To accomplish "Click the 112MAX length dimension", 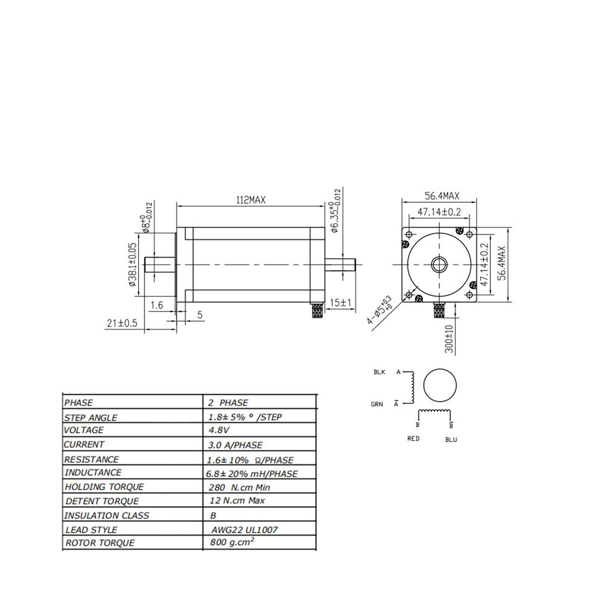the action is click(251, 200).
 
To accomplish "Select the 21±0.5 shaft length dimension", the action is click(122, 323).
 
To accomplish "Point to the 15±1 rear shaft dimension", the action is click(341, 302).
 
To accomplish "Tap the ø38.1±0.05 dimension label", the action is click(133, 264).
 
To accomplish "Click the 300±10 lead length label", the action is click(449, 339).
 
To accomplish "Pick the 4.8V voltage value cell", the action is click(219, 430).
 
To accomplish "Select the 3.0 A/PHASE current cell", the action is click(235, 445).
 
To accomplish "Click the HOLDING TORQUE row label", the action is click(104, 487).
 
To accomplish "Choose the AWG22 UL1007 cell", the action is click(244, 529).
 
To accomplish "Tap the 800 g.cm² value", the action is click(232, 542).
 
